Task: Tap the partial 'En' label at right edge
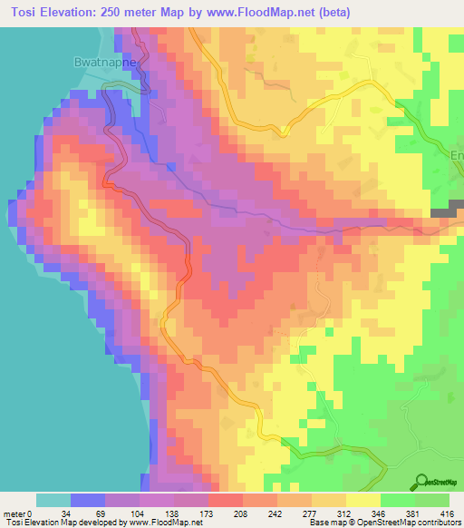tap(457, 155)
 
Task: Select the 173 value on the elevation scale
tap(208, 513)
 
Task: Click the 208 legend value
tap(243, 513)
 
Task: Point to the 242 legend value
tap(277, 513)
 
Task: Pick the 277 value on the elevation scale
tap(312, 513)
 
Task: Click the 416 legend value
tap(449, 513)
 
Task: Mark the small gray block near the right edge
tap(443, 212)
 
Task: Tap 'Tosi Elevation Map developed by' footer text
tap(63, 523)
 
